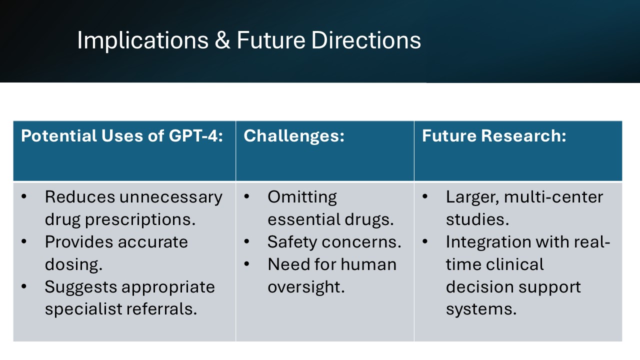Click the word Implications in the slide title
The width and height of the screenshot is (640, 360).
pyautogui.click(x=142, y=40)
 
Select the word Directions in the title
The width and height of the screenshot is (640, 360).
pyautogui.click(x=366, y=40)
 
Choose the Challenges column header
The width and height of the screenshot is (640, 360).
pyautogui.click(x=294, y=136)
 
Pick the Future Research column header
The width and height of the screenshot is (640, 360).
pyautogui.click(x=494, y=136)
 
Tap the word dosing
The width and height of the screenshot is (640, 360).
pyautogui.click(x=73, y=264)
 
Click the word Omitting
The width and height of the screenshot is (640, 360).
pyautogui.click(x=302, y=197)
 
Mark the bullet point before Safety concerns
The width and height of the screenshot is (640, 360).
pyautogui.click(x=246, y=242)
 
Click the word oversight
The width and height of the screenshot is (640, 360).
pyautogui.click(x=306, y=287)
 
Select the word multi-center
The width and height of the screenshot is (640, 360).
pyautogui.click(x=553, y=197)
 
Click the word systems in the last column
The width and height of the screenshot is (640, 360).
pyautogui.click(x=480, y=309)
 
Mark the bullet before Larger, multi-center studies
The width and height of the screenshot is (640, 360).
pyautogui.click(x=425, y=197)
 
